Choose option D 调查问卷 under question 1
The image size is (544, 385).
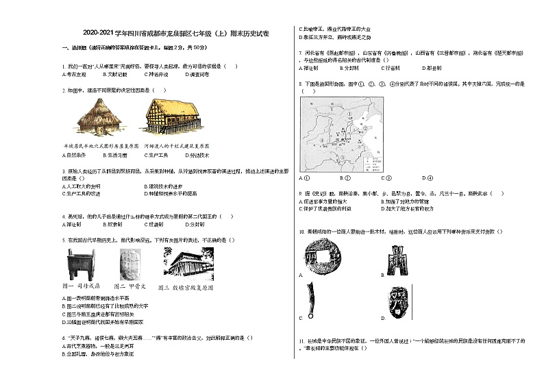tap(199, 74)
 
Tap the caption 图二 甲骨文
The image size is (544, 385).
tap(129, 286)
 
